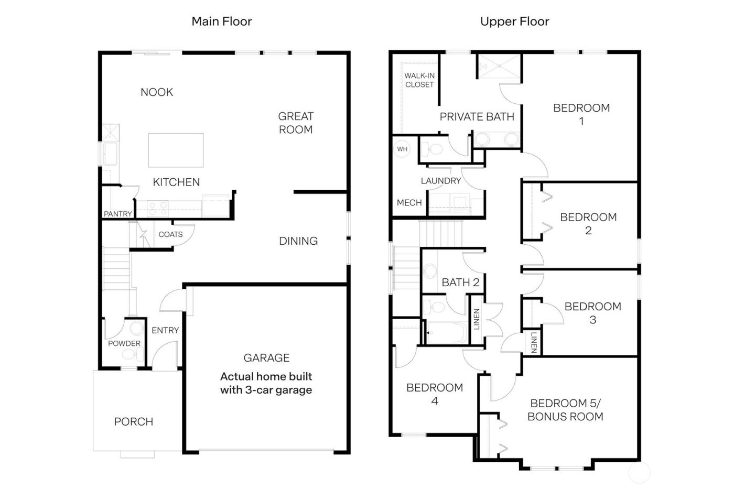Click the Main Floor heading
(x=221, y=21)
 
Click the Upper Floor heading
(x=514, y=21)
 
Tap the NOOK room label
(x=157, y=92)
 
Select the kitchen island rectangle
(x=176, y=150)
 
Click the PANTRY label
(x=118, y=214)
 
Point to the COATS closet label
(x=170, y=234)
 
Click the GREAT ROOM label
(x=296, y=123)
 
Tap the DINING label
(x=298, y=241)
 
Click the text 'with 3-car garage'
(x=266, y=390)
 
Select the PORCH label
(x=134, y=422)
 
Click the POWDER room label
(x=124, y=344)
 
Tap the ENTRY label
(x=165, y=330)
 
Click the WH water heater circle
(x=402, y=149)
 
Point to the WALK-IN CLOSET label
(x=419, y=80)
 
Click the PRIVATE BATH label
(x=477, y=117)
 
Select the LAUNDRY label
(x=440, y=181)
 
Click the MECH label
(x=409, y=203)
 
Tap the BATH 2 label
(x=460, y=282)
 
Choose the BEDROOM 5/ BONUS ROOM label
(x=565, y=410)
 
